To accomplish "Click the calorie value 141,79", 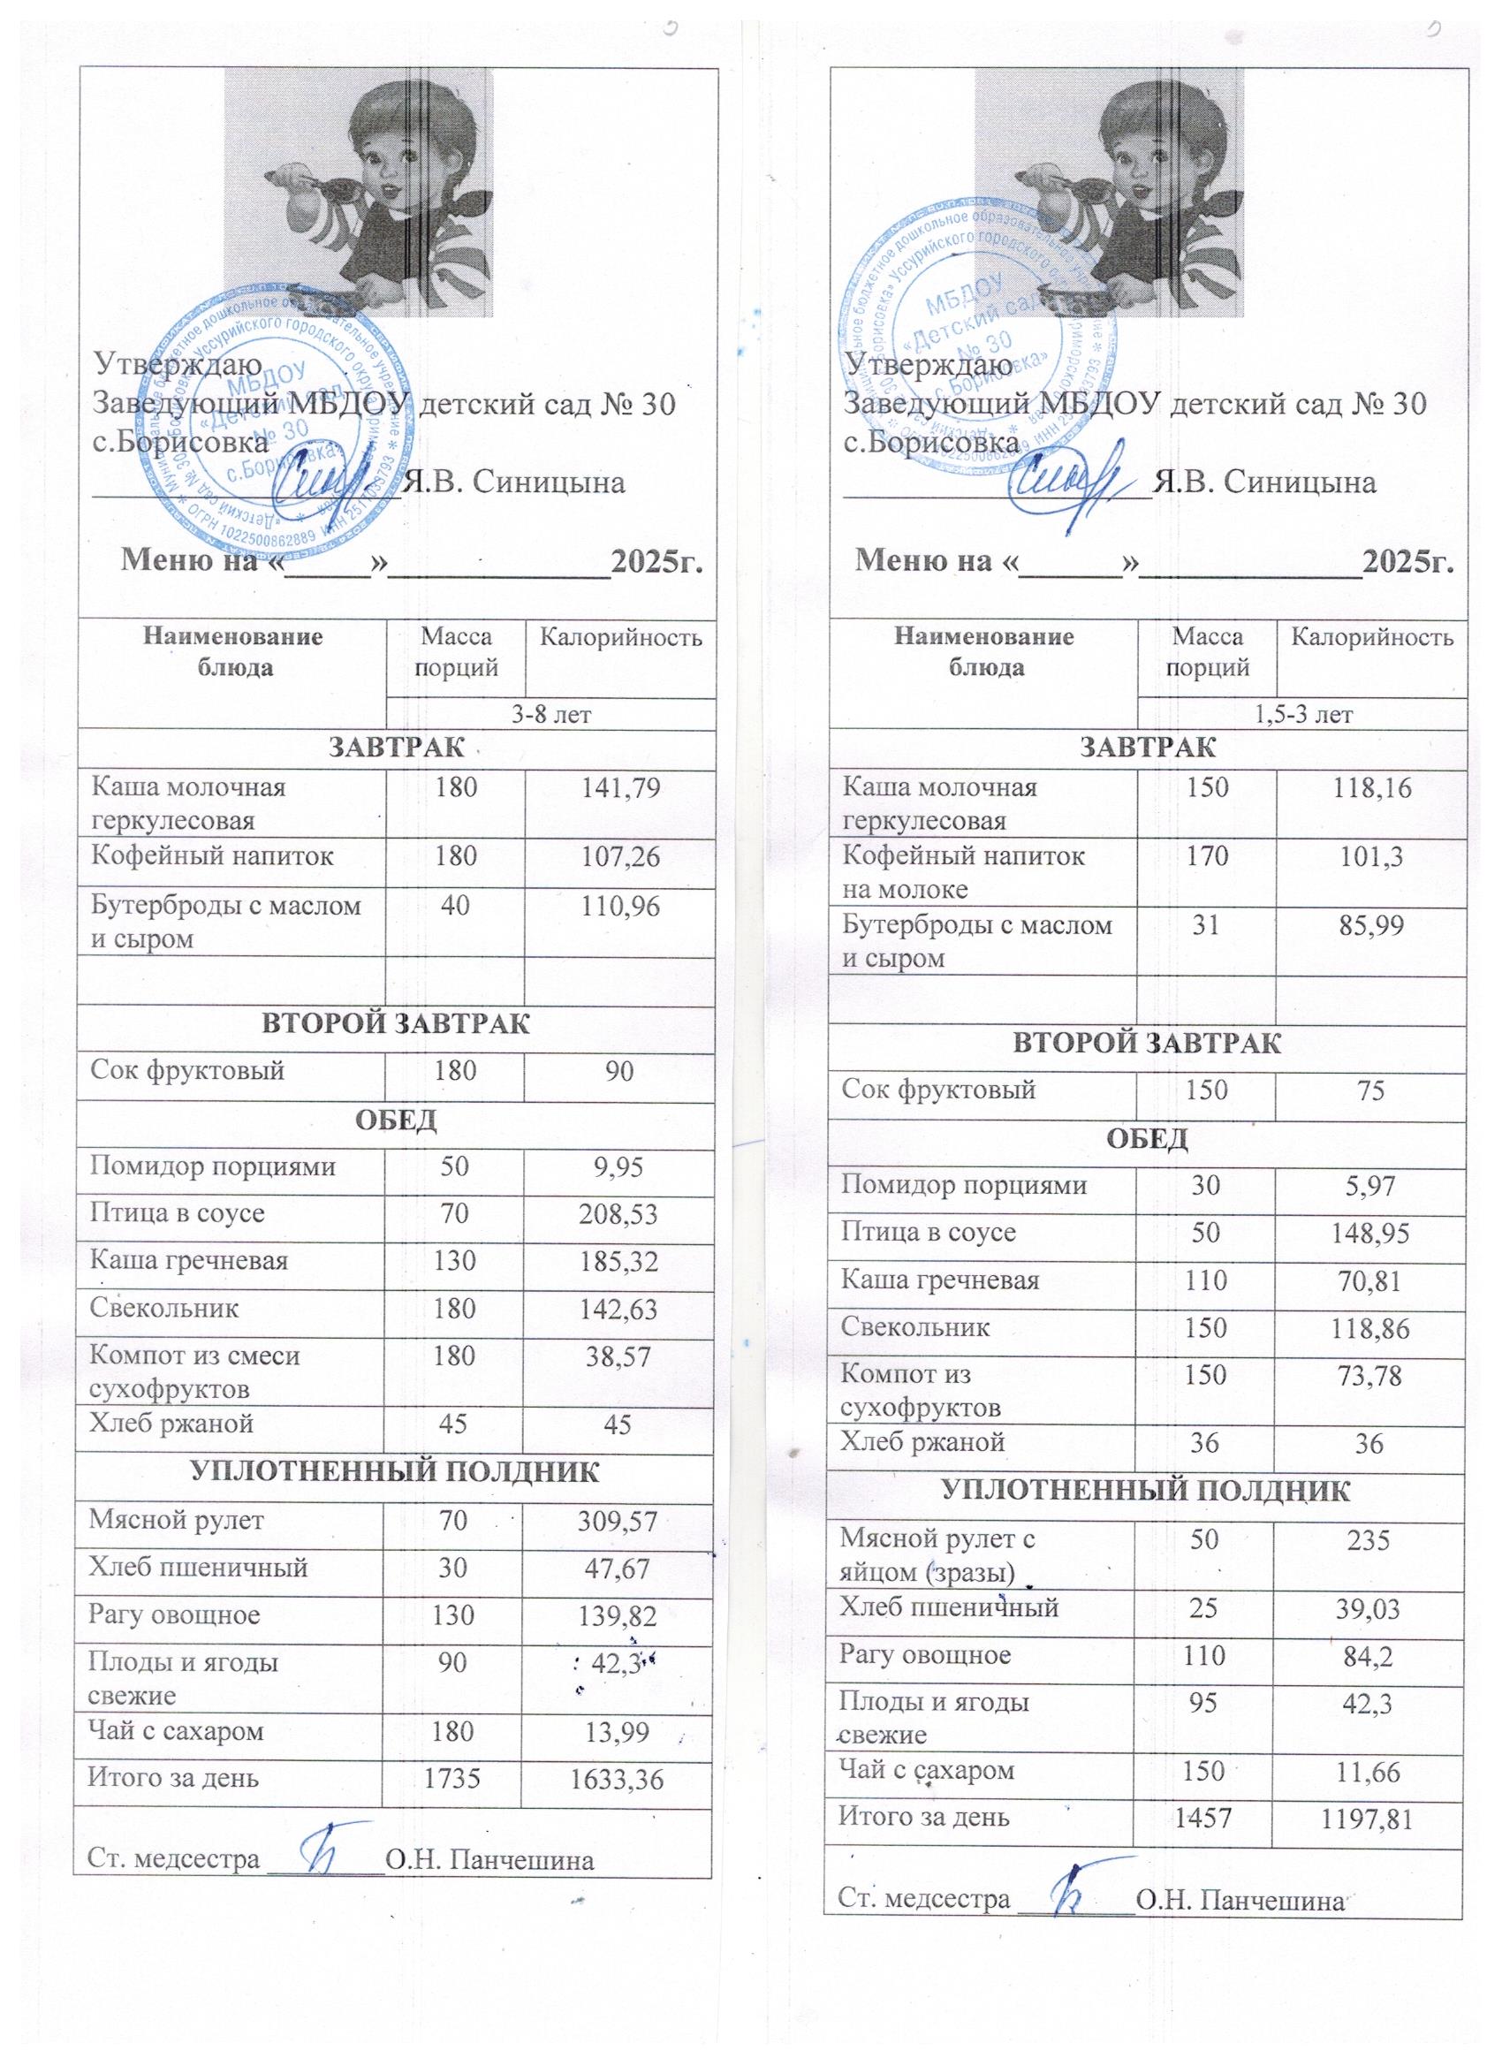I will click(x=619, y=789).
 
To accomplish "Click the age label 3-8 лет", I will click(x=550, y=714).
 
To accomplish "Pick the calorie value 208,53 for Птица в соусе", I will click(x=619, y=1215).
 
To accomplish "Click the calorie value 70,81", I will click(x=1370, y=1282).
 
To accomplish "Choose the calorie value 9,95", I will click(x=619, y=1168).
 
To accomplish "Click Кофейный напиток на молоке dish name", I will click(x=964, y=872).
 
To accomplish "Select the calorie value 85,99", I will click(x=1370, y=927).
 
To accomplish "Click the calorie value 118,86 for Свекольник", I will click(x=1370, y=1329).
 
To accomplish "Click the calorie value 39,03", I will click(x=1370, y=1611).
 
